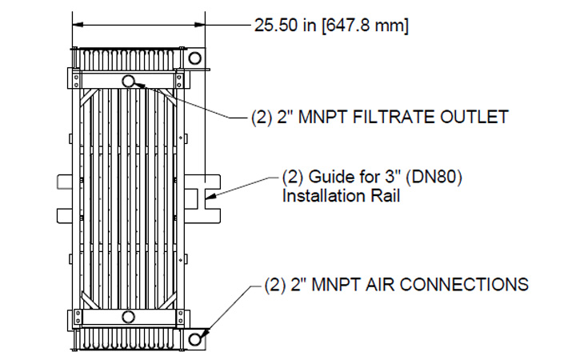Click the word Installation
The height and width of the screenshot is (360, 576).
point(322,194)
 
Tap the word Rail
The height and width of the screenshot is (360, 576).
point(381,194)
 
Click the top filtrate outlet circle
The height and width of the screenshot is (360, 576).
point(129,81)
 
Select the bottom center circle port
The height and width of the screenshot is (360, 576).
point(129,318)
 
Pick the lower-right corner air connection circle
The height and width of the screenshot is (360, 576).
point(194,340)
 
